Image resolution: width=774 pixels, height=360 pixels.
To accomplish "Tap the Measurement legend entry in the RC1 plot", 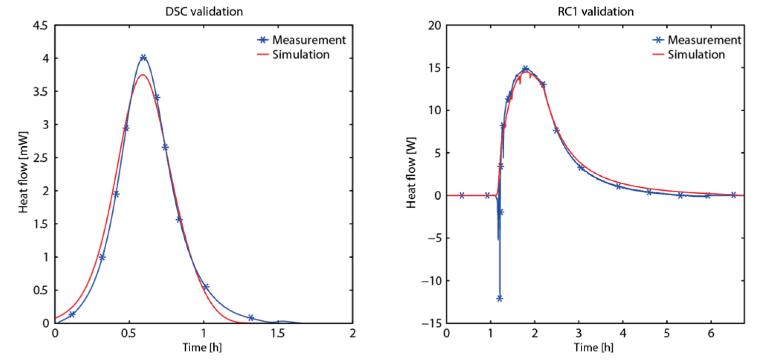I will point(696,40).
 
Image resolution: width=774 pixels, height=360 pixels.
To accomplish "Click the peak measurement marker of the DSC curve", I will point(143,58).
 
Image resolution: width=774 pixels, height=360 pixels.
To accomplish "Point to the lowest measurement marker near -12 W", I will point(499,298).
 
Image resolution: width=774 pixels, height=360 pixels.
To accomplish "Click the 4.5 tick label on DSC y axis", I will point(43,26).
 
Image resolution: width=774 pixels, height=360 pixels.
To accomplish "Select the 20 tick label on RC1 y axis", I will point(435,26).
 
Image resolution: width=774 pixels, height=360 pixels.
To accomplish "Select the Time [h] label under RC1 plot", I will point(595,347).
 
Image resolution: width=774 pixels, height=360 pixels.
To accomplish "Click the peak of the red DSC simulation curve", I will point(143,75).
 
